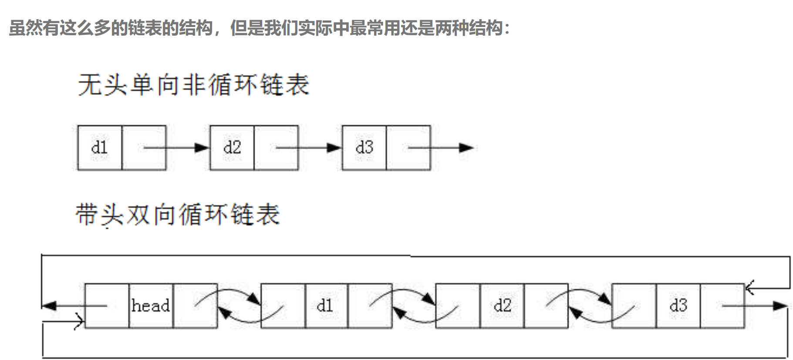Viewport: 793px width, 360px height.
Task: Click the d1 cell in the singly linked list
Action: (100, 148)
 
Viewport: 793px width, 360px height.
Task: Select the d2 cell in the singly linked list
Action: (232, 148)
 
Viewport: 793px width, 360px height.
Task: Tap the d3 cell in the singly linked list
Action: (364, 148)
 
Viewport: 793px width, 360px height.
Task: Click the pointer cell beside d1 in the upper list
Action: (144, 148)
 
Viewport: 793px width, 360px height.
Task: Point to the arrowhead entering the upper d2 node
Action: (202, 148)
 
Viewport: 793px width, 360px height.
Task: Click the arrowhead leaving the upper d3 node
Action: (466, 148)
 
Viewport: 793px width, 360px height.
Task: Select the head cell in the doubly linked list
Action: (151, 306)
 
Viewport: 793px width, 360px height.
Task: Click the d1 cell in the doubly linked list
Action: (326, 306)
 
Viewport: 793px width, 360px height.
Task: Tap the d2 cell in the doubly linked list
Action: (502, 306)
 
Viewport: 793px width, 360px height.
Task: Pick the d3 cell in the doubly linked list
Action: (678, 306)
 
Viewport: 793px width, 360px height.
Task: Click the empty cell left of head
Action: (107, 306)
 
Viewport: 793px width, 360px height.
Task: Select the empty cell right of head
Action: (195, 306)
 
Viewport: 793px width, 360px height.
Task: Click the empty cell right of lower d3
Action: (722, 306)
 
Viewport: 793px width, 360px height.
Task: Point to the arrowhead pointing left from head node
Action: (49, 306)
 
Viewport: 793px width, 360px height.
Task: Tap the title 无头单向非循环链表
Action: (193, 84)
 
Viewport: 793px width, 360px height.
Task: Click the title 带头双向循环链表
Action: (178, 215)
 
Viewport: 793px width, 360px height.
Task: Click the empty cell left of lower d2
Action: (458, 306)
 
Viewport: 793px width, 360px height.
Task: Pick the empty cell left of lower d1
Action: (283, 306)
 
